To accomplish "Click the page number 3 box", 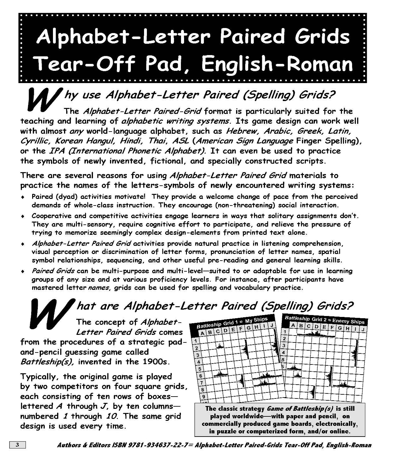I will click(18, 445).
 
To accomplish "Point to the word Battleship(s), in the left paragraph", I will click(48, 362).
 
